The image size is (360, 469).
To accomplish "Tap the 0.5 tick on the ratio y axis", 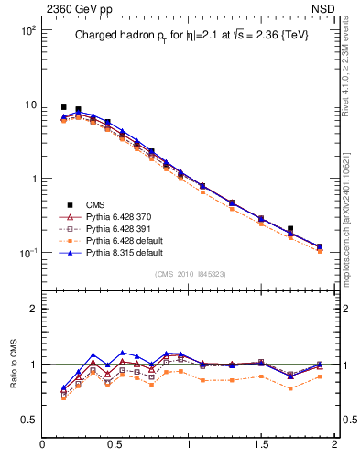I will point(27,420).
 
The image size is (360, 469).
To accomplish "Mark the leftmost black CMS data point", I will point(63,107).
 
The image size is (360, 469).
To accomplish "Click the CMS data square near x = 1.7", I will point(290,229).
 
